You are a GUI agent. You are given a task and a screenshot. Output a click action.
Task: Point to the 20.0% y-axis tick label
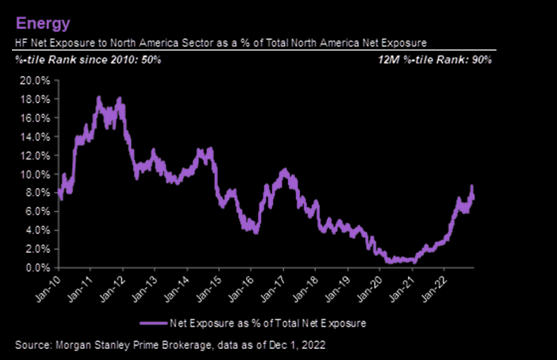coord(35,80)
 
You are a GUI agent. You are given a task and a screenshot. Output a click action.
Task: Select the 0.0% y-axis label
coord(37,268)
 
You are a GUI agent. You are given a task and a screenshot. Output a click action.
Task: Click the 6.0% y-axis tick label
coord(37,212)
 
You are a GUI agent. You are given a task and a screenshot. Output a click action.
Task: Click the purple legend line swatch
coord(153,324)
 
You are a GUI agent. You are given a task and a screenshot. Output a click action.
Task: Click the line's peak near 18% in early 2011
coord(98,98)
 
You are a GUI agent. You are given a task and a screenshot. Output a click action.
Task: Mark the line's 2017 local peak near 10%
coord(285,170)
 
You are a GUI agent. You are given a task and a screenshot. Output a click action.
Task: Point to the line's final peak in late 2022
coord(471,186)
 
